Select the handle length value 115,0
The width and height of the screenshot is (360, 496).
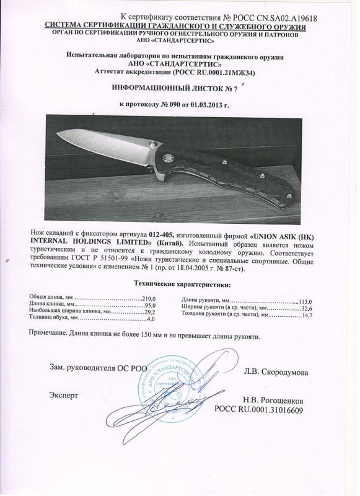(305, 301)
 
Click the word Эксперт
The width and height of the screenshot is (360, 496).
(63, 394)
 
